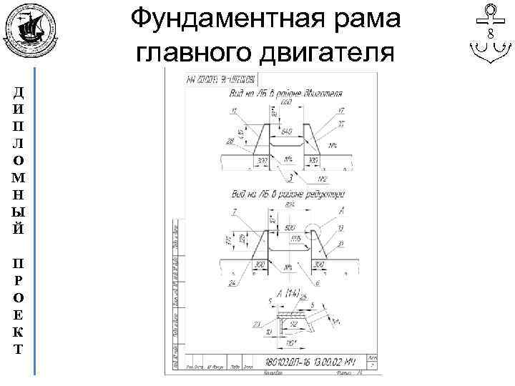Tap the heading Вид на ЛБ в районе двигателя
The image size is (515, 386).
[285, 94]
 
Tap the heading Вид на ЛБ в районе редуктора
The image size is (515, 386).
[288, 194]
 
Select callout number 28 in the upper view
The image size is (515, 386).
[230, 141]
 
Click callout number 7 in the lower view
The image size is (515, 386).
[235, 212]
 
